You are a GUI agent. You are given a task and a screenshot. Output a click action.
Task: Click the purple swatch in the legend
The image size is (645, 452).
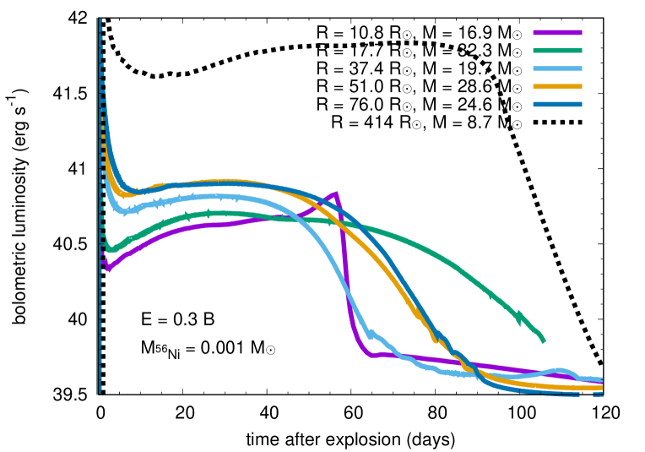coord(557,33)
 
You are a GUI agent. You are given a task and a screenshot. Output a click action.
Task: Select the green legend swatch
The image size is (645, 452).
coord(557,51)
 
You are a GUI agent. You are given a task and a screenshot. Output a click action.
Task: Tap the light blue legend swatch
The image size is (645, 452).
coord(557,69)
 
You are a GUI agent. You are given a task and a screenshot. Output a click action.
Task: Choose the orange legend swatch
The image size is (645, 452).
coord(557,87)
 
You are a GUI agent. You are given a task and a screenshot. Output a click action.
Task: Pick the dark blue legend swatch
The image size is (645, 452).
coord(557,105)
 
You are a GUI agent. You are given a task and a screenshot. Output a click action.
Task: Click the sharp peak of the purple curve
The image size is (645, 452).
coord(336,193)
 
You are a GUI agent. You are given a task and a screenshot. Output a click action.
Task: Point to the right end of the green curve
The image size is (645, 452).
coord(544,341)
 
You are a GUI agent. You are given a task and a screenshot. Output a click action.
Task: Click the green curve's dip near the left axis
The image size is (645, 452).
coord(109,250)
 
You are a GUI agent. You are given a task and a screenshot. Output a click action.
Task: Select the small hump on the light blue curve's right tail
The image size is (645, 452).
coord(559,371)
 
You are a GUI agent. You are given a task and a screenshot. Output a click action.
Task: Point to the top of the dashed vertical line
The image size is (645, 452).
coord(100,19)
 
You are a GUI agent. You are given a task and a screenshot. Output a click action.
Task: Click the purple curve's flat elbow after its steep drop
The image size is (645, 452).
coord(372,355)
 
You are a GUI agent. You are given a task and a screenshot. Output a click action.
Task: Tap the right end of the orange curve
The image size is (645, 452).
coord(601,387)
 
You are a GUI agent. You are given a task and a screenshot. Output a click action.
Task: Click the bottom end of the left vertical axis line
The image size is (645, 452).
coord(98,395)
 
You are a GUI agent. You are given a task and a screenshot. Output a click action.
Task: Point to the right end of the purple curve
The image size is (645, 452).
coord(601,382)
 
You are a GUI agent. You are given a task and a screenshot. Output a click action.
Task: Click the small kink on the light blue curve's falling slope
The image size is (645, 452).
coord(371,334)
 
